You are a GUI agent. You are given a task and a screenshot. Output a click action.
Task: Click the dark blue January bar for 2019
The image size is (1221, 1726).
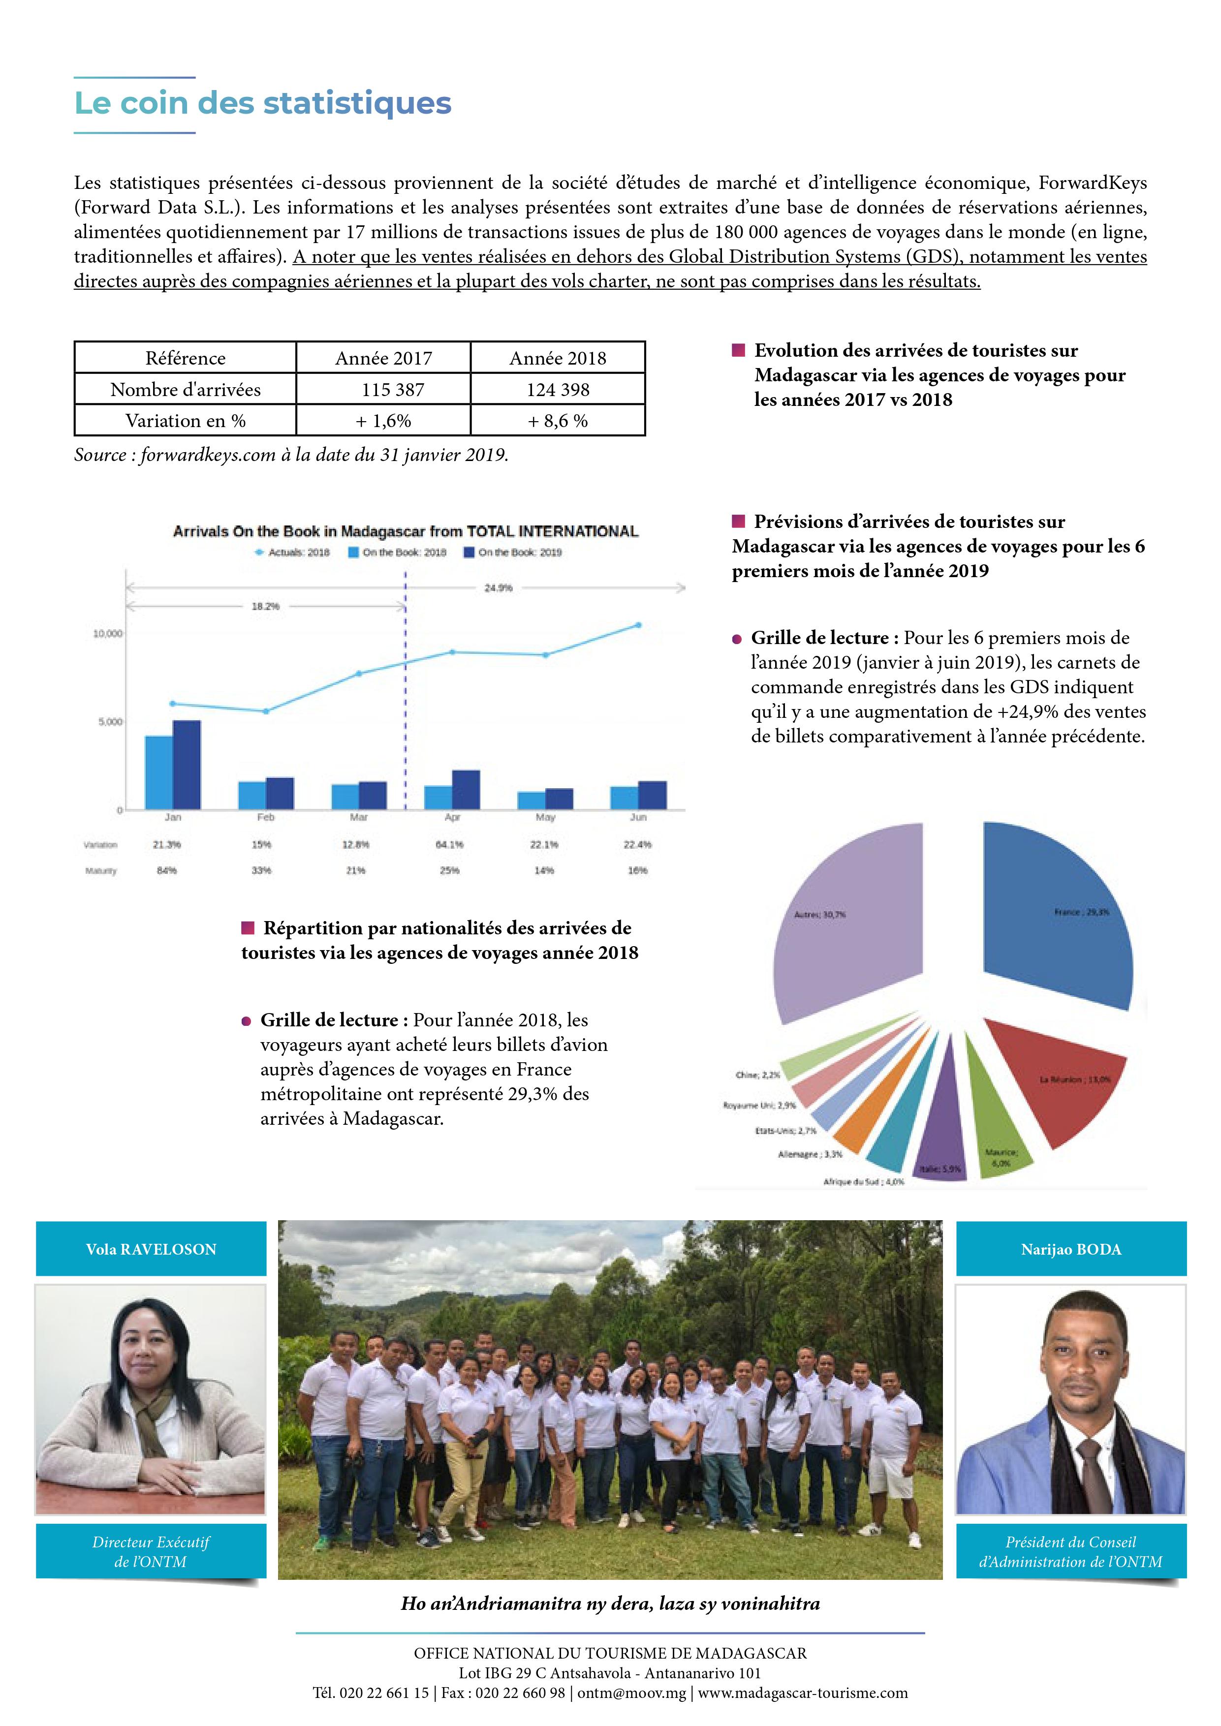[187, 765]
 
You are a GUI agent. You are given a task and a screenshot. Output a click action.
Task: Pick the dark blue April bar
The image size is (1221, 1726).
[466, 789]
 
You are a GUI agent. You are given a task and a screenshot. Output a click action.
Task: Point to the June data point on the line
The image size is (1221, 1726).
[638, 625]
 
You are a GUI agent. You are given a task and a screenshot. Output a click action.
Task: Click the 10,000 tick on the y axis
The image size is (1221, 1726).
[107, 634]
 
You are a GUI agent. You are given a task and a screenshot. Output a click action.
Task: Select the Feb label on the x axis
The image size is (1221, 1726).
[265, 817]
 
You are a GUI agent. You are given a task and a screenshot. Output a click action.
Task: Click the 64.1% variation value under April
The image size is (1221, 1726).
[450, 845]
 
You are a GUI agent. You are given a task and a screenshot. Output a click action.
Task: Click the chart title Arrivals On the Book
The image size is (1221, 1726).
[406, 531]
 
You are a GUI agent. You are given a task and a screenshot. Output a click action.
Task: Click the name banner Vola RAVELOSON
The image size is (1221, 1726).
[151, 1249]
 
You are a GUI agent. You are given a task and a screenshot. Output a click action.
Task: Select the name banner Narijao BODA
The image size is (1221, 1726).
[1070, 1249]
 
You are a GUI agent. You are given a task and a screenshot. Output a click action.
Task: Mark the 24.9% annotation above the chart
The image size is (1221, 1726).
[498, 588]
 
